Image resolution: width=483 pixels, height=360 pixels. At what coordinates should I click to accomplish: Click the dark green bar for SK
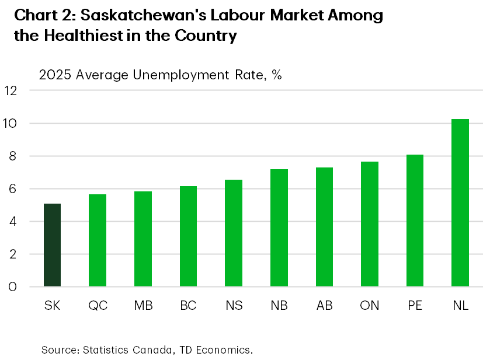point(52,245)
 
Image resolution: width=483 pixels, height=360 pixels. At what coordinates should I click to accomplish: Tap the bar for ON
point(370,224)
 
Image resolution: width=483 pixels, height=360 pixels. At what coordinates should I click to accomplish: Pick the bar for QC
point(98,240)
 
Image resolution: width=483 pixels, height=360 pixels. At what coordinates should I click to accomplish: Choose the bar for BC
point(188,236)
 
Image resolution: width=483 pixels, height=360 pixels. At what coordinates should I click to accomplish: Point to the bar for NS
point(234,233)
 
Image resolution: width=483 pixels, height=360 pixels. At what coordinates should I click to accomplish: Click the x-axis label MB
point(143,306)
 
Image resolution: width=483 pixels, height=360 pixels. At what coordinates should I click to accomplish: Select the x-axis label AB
point(324,306)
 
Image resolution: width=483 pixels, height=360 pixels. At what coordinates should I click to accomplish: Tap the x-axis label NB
point(279,306)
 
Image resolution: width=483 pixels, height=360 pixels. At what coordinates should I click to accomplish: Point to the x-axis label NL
point(460,306)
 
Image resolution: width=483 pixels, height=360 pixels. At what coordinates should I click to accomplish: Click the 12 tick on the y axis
point(12,91)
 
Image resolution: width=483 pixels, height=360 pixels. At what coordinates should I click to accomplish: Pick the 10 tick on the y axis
point(12,124)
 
